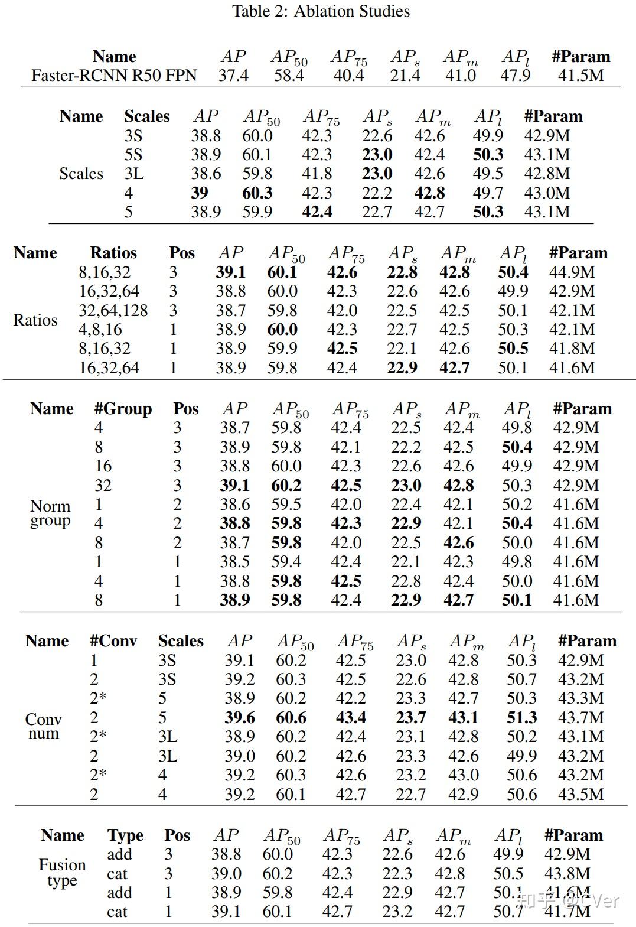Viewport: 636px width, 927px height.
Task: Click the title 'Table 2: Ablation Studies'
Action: tap(321, 11)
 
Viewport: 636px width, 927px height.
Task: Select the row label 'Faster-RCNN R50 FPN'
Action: tap(114, 76)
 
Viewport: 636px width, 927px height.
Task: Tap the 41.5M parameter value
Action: tap(580, 76)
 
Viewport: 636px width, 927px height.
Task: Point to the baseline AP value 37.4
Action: tap(233, 76)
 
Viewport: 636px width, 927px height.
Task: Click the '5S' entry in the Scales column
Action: tap(133, 155)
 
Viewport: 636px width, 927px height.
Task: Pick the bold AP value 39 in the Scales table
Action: tap(200, 193)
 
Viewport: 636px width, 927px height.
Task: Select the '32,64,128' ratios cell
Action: tap(113, 311)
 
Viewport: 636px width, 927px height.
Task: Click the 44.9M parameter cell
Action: tap(572, 272)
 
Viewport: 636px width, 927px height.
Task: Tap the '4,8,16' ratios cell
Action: tap(100, 330)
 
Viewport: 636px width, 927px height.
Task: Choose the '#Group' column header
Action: tap(123, 409)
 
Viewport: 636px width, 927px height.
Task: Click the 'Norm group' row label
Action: tap(50, 513)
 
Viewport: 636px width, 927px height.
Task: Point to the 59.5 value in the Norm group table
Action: tap(286, 505)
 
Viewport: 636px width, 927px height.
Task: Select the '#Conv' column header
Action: tap(113, 641)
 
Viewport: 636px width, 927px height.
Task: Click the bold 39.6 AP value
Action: tap(240, 718)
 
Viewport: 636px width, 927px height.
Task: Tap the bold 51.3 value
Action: tap(522, 718)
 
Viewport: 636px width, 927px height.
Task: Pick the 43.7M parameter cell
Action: tap(580, 718)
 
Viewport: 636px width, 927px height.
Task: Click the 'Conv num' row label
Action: tap(43, 727)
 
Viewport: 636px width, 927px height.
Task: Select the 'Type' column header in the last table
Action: tap(125, 835)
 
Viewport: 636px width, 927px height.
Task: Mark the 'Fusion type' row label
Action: tap(62, 873)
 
